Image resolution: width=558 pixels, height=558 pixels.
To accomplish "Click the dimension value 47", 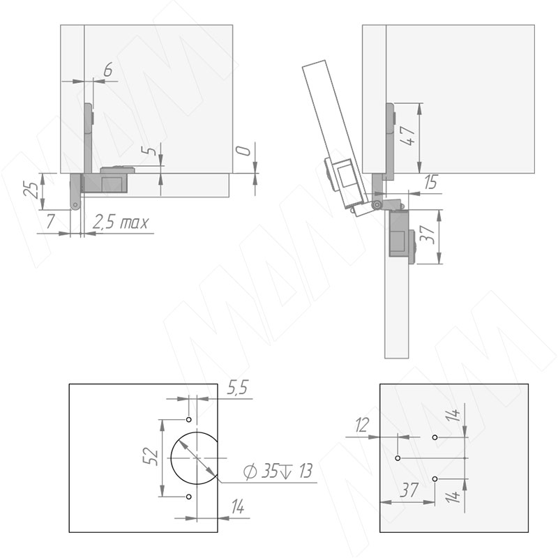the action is click(409, 135).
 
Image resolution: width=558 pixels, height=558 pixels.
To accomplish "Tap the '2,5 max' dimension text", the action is click(120, 223).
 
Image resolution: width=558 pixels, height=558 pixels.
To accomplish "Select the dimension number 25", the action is click(30, 189).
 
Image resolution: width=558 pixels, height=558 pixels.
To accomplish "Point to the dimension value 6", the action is click(108, 69).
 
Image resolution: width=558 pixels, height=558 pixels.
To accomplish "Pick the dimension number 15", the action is click(431, 182).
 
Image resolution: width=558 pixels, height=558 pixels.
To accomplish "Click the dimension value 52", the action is click(150, 456).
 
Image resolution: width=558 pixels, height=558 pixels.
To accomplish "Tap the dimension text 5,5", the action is click(237, 388).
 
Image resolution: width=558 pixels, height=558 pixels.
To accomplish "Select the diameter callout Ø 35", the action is click(260, 472).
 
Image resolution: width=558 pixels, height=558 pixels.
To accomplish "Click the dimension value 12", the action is click(362, 425).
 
